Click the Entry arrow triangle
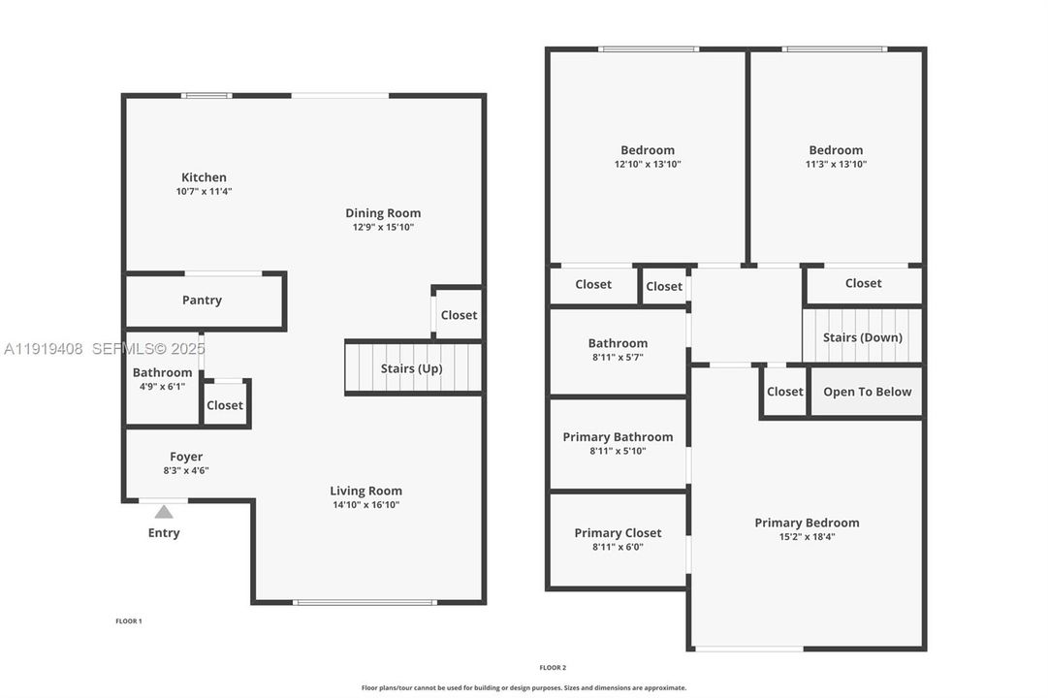164,512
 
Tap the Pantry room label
202,301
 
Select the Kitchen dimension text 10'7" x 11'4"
204,192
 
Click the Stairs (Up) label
411,368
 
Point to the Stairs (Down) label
862,337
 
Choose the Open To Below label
867,392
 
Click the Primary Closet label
618,533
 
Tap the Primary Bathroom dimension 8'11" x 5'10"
618,451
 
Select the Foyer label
186,457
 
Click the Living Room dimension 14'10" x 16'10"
365,504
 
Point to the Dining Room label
383,213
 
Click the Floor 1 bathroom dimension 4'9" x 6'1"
162,386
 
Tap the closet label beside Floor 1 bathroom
225,405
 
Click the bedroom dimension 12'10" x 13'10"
648,164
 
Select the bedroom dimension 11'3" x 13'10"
836,164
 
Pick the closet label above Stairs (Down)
863,283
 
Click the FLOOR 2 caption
553,667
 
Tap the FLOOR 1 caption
129,620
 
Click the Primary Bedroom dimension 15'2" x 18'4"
807,536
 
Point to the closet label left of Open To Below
784,392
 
